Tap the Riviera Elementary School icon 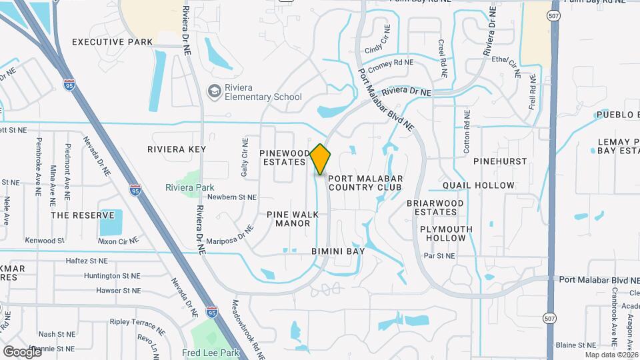click(214, 91)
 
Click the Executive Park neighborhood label click(112, 42)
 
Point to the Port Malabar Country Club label click(365, 183)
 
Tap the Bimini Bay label click(338, 251)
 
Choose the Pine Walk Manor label click(293, 219)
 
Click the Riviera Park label click(190, 187)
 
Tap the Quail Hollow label click(479, 185)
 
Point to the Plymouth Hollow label click(446, 233)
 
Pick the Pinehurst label click(500, 161)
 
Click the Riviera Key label click(177, 149)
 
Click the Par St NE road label click(439, 255)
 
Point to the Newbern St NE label click(231, 197)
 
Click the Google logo click(22, 351)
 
